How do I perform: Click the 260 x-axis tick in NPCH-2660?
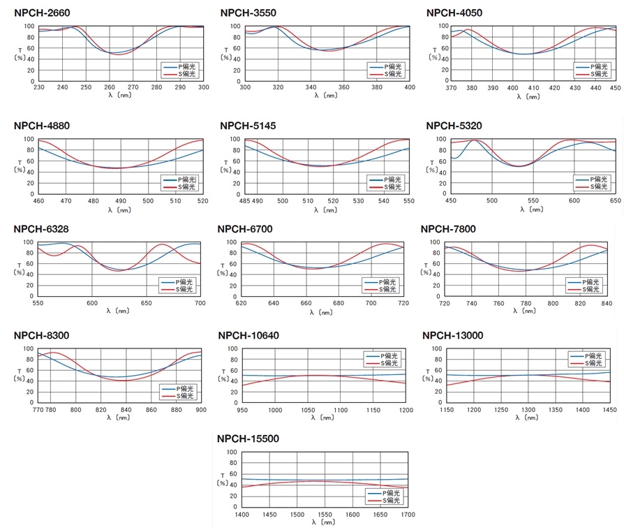tap(110, 87)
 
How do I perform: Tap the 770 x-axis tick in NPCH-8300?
tap(38, 409)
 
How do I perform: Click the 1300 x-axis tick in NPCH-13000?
tap(528, 409)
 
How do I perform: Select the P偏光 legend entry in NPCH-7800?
tap(590, 281)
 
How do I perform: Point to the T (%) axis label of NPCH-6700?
tap(224, 270)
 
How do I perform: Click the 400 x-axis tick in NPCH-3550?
tap(410, 87)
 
